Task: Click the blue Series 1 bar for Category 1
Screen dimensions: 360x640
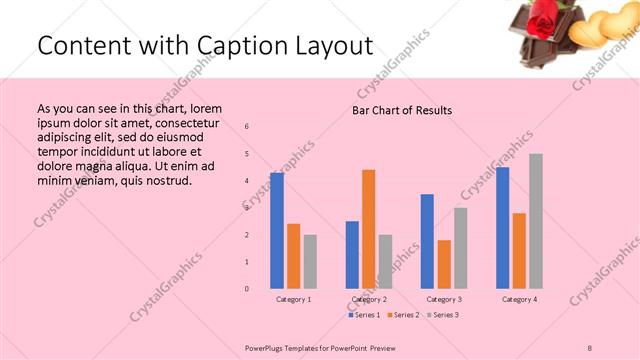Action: (x=277, y=230)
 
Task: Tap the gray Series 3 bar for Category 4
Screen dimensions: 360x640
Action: (x=536, y=220)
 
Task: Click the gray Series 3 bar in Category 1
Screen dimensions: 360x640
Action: (x=310, y=261)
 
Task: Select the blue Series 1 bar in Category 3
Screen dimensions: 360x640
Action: (x=427, y=241)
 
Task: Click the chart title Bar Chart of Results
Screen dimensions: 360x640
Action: (x=401, y=110)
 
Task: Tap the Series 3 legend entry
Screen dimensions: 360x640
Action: (x=444, y=315)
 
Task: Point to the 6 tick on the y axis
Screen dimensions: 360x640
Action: (x=247, y=126)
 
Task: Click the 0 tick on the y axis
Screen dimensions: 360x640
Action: (x=247, y=289)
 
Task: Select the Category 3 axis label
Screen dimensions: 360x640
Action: (x=444, y=299)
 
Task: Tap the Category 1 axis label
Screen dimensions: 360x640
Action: (x=294, y=299)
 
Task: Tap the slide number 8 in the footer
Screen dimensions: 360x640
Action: (x=590, y=346)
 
